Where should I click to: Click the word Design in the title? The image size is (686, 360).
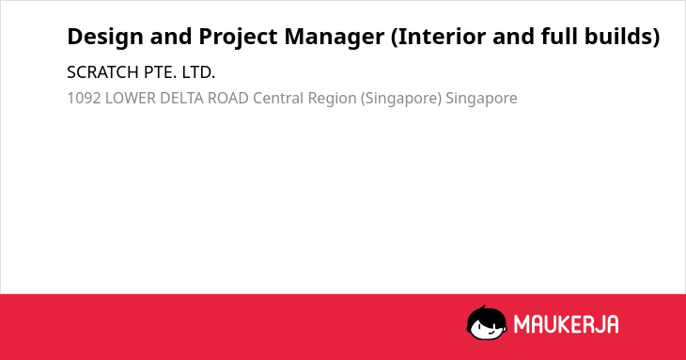[105, 37]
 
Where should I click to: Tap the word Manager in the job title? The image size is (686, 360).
[335, 38]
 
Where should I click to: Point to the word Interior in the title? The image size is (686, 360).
[438, 37]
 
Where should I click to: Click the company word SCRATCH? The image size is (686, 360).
[102, 72]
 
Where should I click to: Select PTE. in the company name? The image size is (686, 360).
[160, 72]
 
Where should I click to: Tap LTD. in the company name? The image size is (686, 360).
[198, 72]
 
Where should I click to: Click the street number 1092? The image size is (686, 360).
[84, 99]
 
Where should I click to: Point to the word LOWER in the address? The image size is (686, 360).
[131, 99]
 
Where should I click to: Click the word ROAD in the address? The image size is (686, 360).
[228, 99]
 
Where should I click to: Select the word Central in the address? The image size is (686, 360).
[278, 99]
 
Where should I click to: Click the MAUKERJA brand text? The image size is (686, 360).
[566, 324]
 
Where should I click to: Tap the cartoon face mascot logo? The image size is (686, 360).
[487, 323]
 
